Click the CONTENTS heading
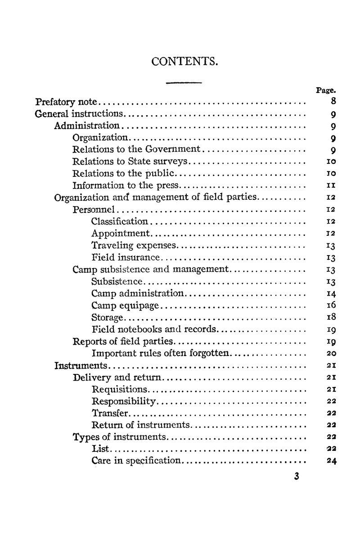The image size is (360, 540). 185,60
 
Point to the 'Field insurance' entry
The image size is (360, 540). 126,257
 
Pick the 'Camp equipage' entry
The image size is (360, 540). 125,306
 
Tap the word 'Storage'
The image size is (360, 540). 107,318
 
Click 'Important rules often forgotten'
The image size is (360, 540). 160,354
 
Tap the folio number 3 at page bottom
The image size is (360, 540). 295,477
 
